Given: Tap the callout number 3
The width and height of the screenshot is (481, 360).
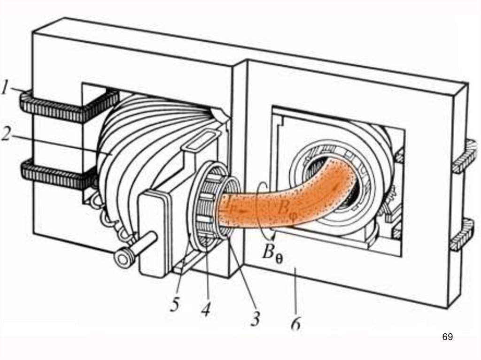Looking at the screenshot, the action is [x=255, y=319].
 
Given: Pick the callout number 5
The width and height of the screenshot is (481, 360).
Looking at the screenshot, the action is [x=175, y=305].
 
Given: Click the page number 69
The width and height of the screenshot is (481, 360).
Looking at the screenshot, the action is [x=447, y=337].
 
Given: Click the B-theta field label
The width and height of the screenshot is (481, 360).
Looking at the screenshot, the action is [x=272, y=255].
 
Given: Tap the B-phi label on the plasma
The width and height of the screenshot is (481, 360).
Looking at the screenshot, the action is [x=285, y=207].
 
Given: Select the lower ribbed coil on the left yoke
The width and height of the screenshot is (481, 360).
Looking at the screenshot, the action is [x=54, y=175].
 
